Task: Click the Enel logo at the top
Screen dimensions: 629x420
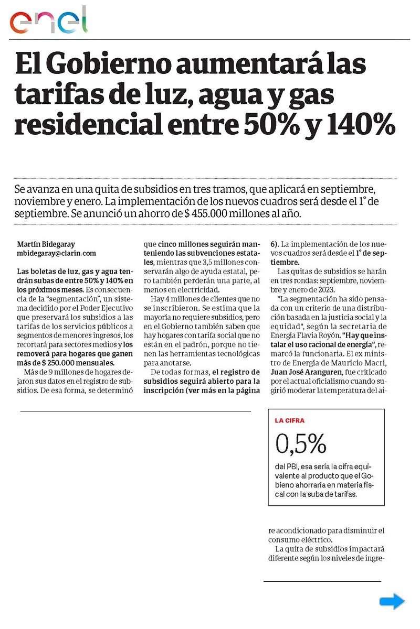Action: coord(48,20)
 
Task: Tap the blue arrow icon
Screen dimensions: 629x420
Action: coord(392,601)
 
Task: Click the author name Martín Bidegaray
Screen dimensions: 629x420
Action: coord(47,244)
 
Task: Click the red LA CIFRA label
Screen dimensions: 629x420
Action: coord(290,420)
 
